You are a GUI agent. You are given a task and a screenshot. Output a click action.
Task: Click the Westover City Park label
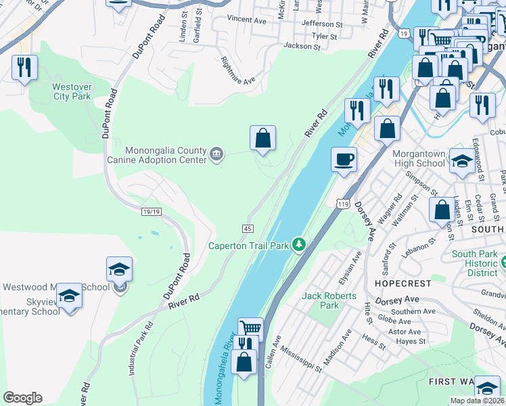point(72,91)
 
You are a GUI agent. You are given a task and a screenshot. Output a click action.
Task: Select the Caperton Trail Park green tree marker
point(299,245)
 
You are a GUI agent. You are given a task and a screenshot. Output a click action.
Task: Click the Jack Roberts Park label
point(320,300)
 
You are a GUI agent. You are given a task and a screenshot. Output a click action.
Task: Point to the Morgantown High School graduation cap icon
point(463,160)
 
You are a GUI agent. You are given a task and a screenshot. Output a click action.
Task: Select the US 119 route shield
point(342,202)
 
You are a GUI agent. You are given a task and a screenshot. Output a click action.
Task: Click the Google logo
point(22,398)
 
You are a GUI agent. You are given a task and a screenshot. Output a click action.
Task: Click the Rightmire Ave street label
point(239,70)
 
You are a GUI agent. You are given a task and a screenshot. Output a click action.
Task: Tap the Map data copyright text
point(477,401)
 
